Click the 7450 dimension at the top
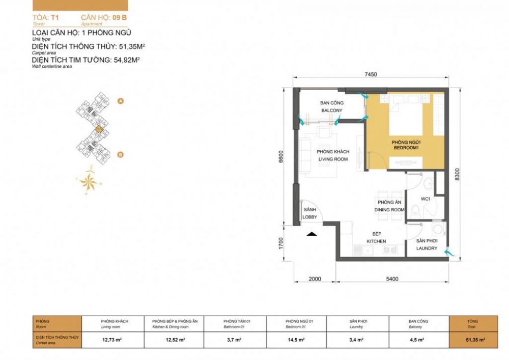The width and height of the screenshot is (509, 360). (370, 74)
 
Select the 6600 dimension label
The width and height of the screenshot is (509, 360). (280, 157)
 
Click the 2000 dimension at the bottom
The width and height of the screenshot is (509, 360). (315, 279)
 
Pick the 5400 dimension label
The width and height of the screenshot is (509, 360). (391, 279)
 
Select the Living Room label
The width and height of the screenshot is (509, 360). (332, 156)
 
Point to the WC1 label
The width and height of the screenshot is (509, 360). (426, 199)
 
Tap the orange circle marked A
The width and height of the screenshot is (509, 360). (121, 101)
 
